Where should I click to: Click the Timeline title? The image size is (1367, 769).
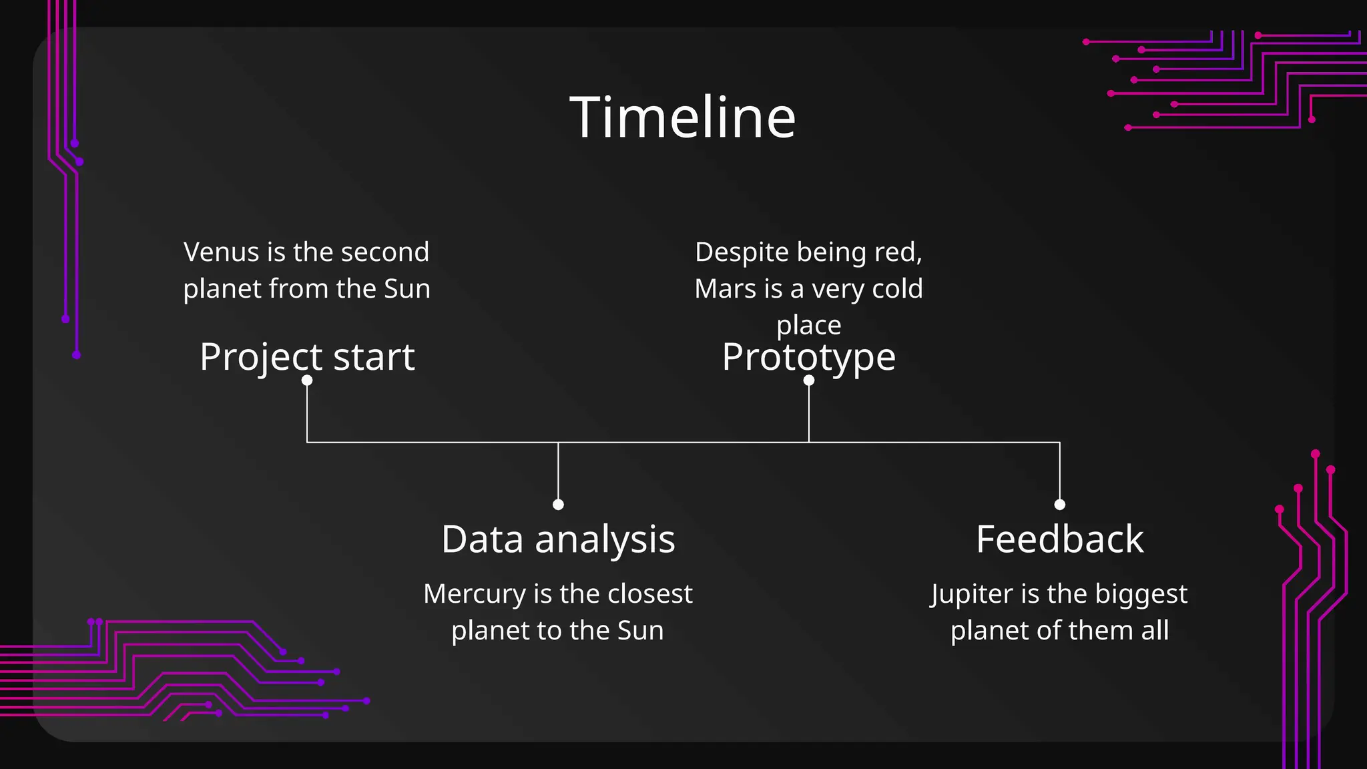(x=683, y=117)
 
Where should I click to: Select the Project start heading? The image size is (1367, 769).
(x=307, y=356)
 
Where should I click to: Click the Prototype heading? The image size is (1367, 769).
(x=808, y=356)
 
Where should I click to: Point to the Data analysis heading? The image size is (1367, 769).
(x=558, y=539)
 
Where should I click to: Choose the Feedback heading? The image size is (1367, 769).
(x=1059, y=539)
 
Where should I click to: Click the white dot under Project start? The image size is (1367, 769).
(x=307, y=380)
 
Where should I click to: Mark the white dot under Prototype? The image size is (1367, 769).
(x=809, y=380)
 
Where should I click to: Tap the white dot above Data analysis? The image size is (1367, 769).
(x=558, y=504)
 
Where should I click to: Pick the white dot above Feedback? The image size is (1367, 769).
(x=1059, y=504)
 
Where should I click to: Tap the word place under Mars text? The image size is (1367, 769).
(x=808, y=326)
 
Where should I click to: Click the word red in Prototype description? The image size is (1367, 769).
(x=901, y=252)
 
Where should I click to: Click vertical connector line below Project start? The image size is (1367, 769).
(x=307, y=414)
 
